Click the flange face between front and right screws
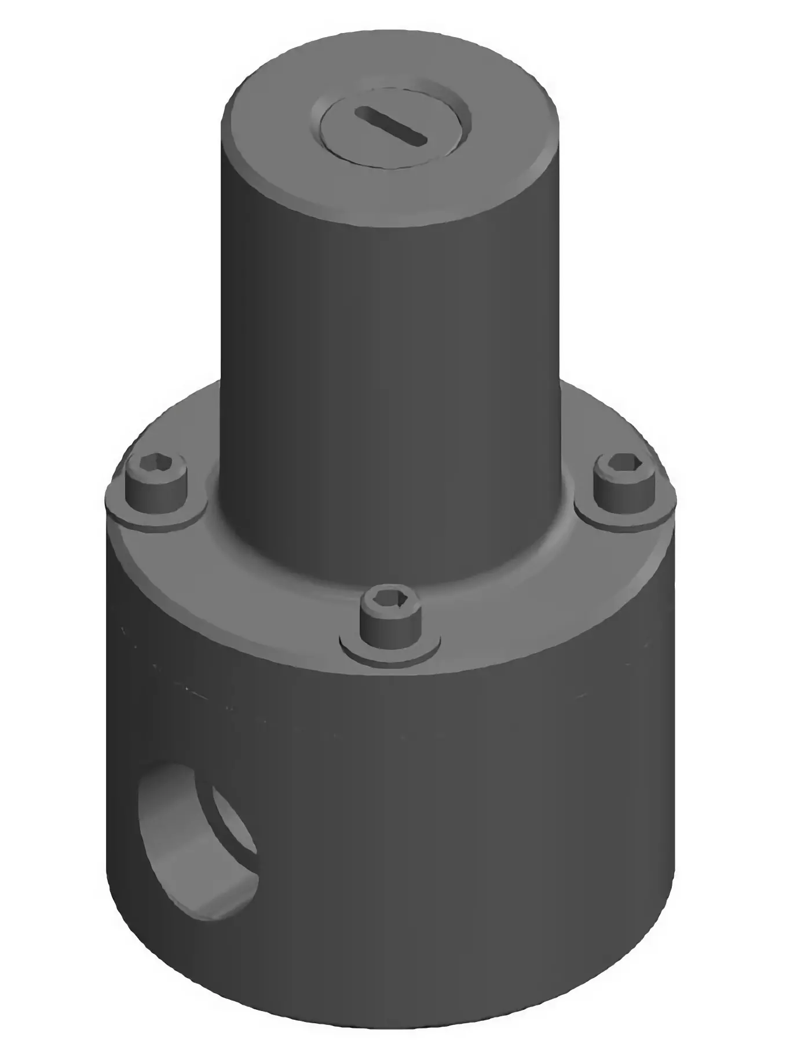(x=521, y=596)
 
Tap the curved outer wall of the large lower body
(x=463, y=840)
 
